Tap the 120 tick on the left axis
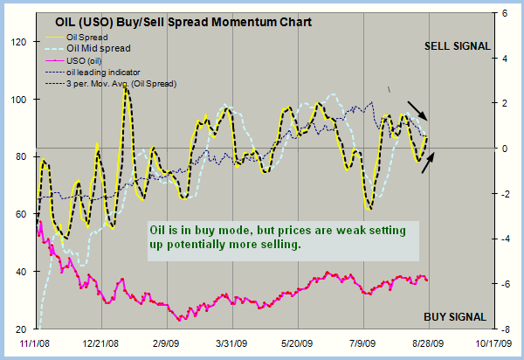[17, 42]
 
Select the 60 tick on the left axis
[20, 214]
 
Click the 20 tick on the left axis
[20, 329]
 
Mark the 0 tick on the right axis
[507, 149]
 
